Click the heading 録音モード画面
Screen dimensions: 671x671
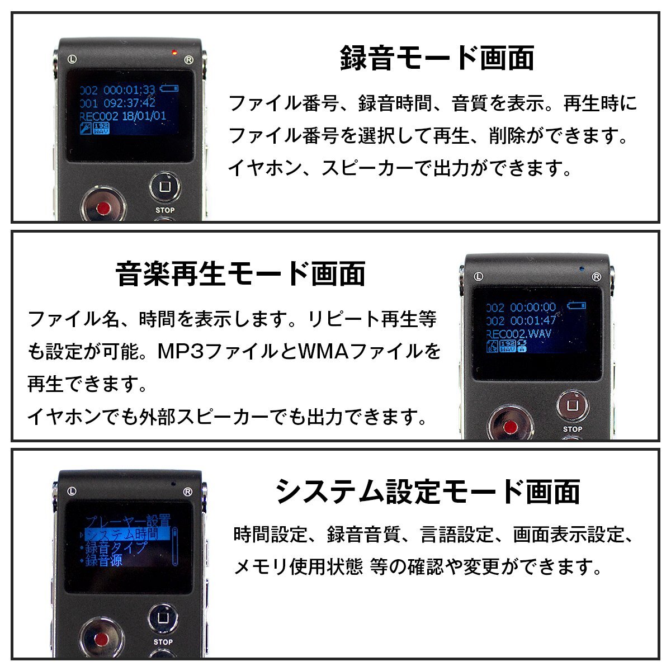pyautogui.click(x=437, y=58)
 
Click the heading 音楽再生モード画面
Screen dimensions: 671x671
pyautogui.click(x=240, y=274)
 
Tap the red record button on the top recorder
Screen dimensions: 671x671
pyautogui.click(x=103, y=208)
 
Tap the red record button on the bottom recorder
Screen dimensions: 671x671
pyautogui.click(x=102, y=640)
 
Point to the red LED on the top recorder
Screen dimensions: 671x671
pyautogui.click(x=174, y=53)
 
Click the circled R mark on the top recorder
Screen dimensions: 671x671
pyautogui.click(x=188, y=59)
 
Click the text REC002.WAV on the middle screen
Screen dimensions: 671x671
pyautogui.click(x=519, y=334)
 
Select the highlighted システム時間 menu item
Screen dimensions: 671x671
pyautogui.click(x=127, y=534)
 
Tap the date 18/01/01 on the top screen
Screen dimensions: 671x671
pyautogui.click(x=144, y=116)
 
